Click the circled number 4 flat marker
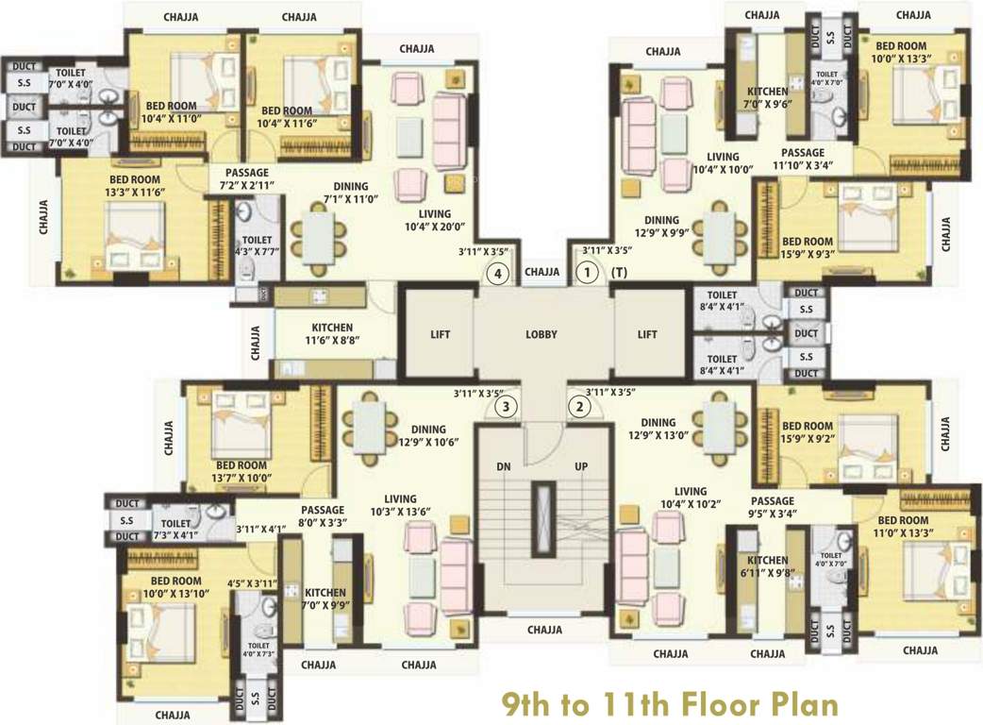click(x=498, y=274)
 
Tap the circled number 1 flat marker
click(x=587, y=274)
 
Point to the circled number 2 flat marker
click(x=578, y=408)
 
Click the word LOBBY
click(x=541, y=334)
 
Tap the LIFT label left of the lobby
click(x=441, y=334)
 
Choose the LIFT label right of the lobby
click(x=647, y=334)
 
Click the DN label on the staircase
click(x=503, y=467)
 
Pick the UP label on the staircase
click(x=581, y=467)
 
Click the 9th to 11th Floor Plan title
click(x=668, y=703)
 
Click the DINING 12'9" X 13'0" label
click(x=671, y=430)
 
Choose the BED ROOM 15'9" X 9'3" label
click(x=807, y=248)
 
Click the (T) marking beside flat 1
click(x=619, y=273)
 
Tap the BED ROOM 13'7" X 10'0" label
click(x=242, y=472)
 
